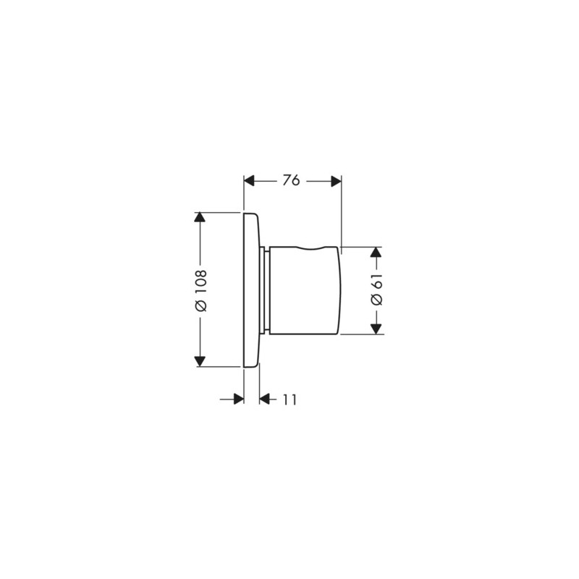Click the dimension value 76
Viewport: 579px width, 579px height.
291,181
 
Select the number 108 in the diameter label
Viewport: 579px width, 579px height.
201,282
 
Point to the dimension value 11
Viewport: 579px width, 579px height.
289,399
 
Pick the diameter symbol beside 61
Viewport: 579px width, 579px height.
376,300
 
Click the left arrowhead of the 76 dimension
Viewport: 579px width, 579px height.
250,181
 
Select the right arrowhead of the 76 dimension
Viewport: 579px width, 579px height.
336,181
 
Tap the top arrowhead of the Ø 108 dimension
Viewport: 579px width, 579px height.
200,217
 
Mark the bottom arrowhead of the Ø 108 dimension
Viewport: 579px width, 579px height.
200,361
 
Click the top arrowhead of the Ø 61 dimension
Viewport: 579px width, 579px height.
376,252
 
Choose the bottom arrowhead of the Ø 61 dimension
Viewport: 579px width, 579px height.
376,329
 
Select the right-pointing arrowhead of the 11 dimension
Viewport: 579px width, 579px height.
238,399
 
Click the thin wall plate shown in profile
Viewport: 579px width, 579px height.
251,289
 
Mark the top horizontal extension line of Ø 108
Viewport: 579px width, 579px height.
221,212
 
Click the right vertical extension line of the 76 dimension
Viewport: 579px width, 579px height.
341,214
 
